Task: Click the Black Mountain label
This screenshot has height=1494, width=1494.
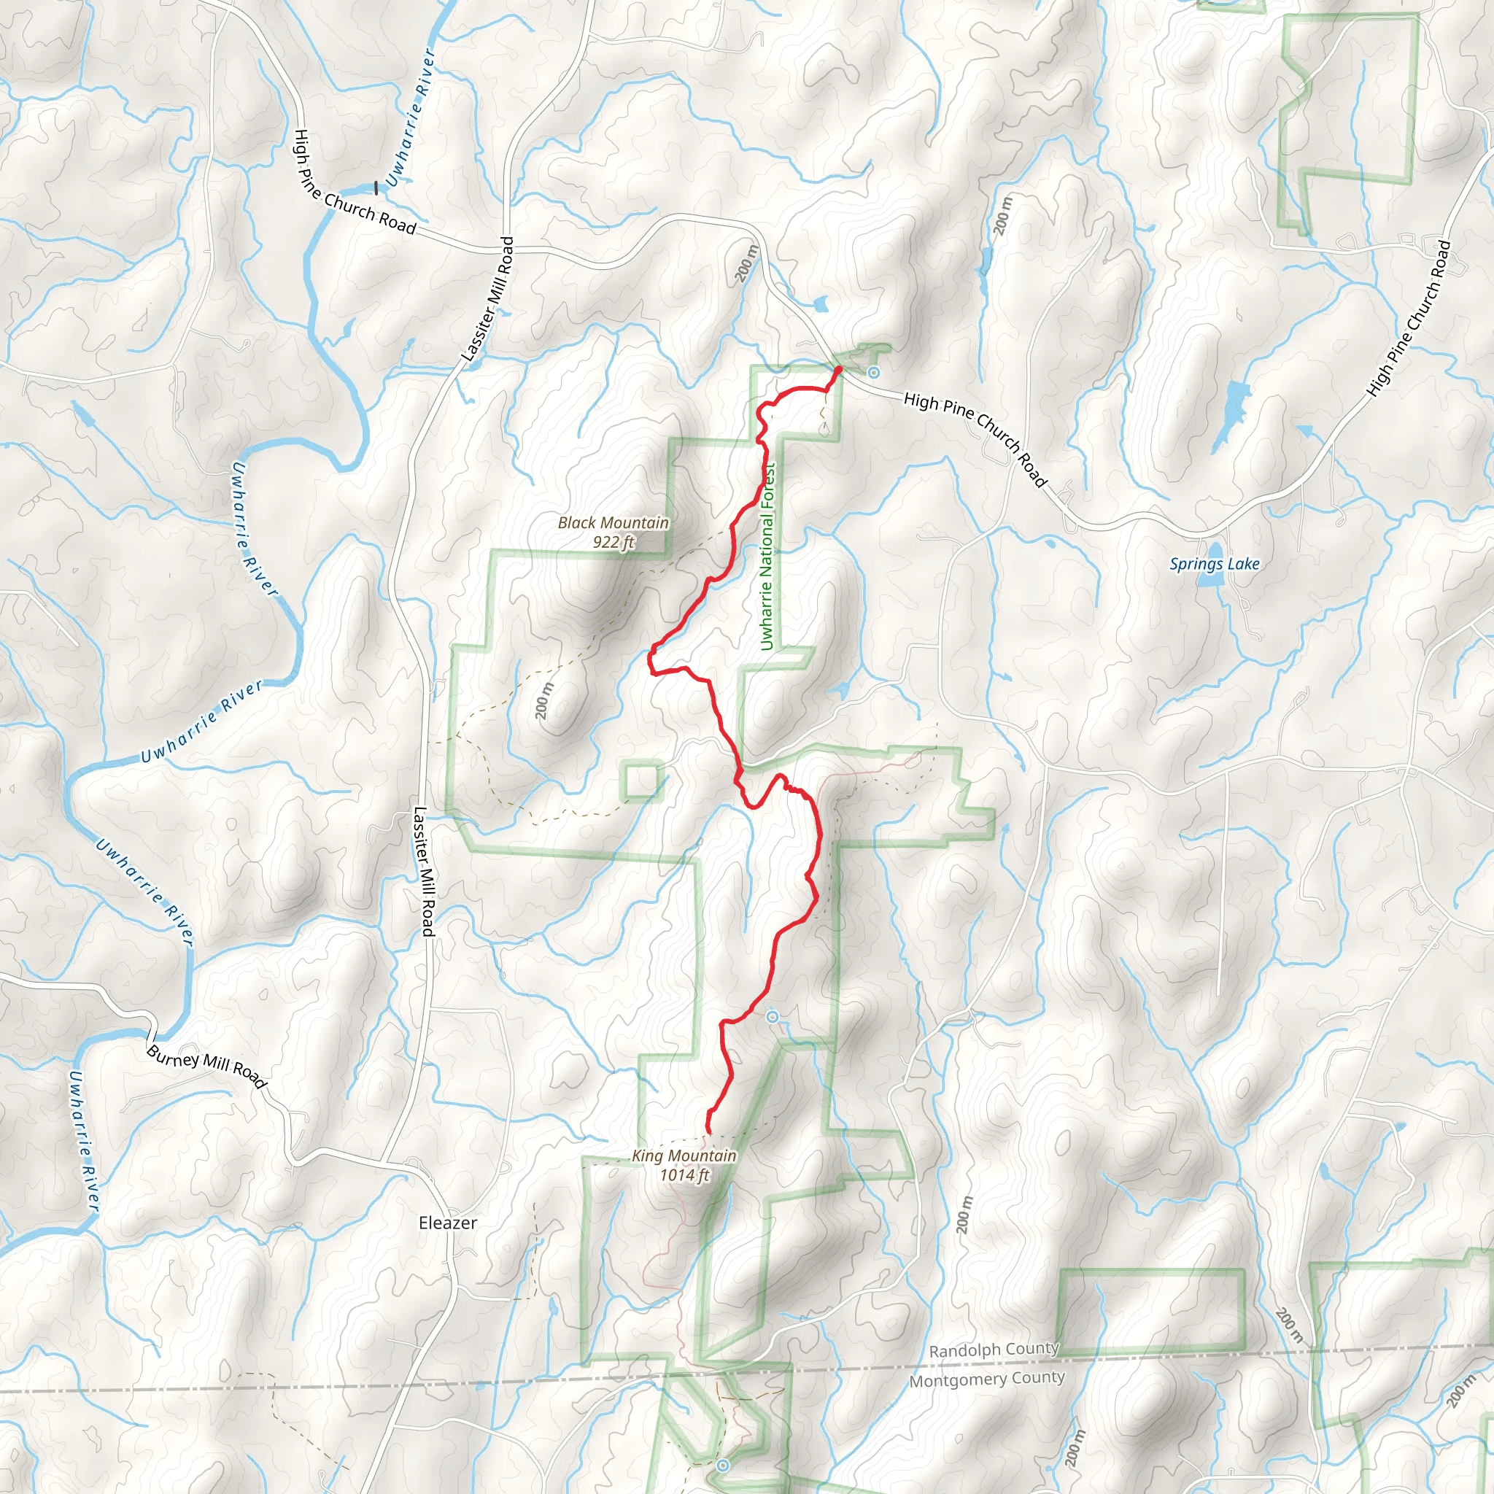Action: [614, 523]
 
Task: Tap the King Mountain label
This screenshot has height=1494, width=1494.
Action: [684, 1156]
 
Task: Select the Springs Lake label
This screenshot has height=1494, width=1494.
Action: [1214, 564]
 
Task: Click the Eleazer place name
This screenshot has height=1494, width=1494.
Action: [448, 1223]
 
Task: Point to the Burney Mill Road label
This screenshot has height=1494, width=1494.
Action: [206, 1067]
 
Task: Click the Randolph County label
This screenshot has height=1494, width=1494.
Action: [993, 1350]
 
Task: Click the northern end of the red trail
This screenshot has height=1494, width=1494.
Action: [838, 370]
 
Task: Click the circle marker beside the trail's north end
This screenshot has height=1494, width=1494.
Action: [874, 373]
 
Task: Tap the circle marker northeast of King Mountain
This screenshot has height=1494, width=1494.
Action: [772, 1018]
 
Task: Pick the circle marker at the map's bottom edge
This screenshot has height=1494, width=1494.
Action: [722, 1465]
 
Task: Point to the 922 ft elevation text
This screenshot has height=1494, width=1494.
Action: [614, 542]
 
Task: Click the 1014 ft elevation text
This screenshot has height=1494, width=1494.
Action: [684, 1175]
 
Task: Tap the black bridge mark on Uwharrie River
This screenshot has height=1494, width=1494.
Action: [376, 188]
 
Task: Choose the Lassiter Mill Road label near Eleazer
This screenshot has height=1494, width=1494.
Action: [424, 872]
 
